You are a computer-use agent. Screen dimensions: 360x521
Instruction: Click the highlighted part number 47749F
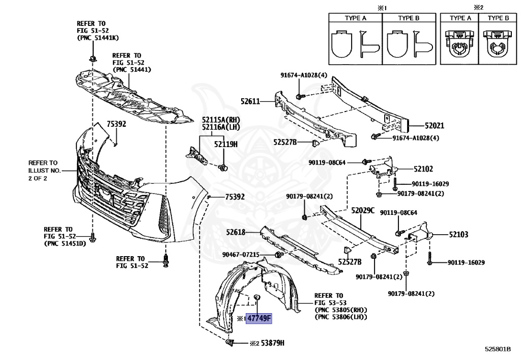pos(259,319)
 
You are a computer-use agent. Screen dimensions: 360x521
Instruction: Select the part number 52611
pos(250,101)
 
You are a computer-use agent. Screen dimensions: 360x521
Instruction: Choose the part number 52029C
pos(362,210)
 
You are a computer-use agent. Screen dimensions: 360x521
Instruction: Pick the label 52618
pos(236,232)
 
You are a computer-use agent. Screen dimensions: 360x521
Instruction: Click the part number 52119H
pos(225,144)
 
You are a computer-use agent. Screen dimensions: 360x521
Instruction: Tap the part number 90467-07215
pos(241,254)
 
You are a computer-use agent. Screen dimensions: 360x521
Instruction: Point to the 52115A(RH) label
pos(220,120)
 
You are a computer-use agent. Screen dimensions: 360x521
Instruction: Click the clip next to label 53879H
pos(230,343)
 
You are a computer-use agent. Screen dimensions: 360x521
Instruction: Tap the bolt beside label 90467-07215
pos(278,254)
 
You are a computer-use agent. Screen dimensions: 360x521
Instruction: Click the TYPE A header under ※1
pos(356,18)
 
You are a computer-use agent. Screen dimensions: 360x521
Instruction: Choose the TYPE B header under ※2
pos(498,18)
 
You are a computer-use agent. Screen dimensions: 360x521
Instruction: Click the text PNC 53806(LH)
pos(340,317)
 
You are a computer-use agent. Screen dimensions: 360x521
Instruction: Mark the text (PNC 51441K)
pos(98,38)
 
